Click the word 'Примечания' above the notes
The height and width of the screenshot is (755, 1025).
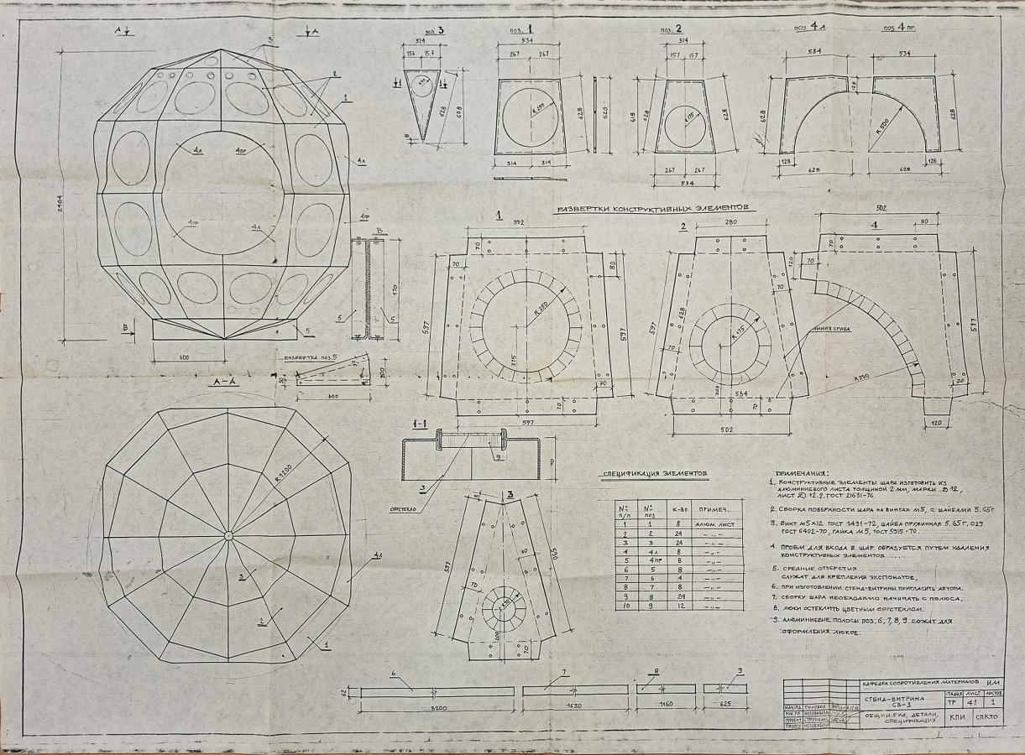click(803, 473)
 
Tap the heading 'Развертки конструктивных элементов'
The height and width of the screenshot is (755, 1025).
click(646, 207)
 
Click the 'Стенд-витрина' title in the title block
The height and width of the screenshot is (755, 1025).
click(892, 698)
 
